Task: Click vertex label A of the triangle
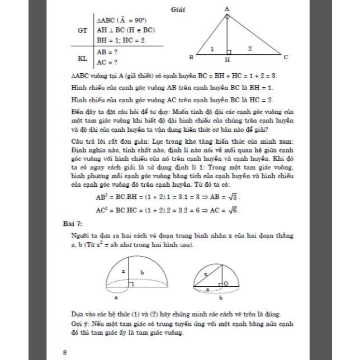point(227,8)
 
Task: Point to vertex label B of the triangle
point(191,57)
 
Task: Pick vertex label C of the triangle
point(286,57)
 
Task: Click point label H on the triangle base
point(227,59)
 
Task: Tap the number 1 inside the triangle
point(212,49)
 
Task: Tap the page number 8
point(65,352)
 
